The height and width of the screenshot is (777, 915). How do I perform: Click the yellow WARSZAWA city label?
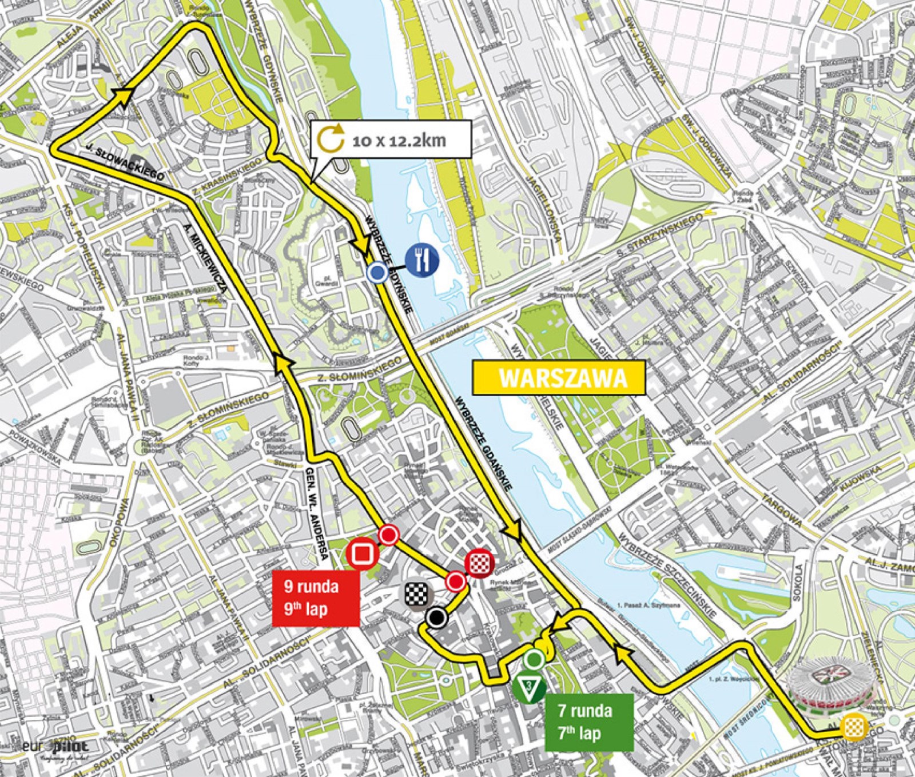click(x=559, y=378)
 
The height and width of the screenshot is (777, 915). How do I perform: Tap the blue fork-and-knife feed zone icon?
click(x=423, y=259)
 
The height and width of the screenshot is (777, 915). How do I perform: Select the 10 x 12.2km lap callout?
click(x=391, y=140)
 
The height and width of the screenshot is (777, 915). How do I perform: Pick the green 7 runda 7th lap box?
click(x=588, y=722)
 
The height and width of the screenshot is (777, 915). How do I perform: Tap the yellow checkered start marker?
click(x=857, y=727)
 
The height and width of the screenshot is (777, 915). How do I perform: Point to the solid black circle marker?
click(x=436, y=617)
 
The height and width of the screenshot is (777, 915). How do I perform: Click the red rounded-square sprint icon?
click(x=361, y=554)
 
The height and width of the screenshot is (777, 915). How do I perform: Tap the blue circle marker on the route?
click(x=376, y=273)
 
